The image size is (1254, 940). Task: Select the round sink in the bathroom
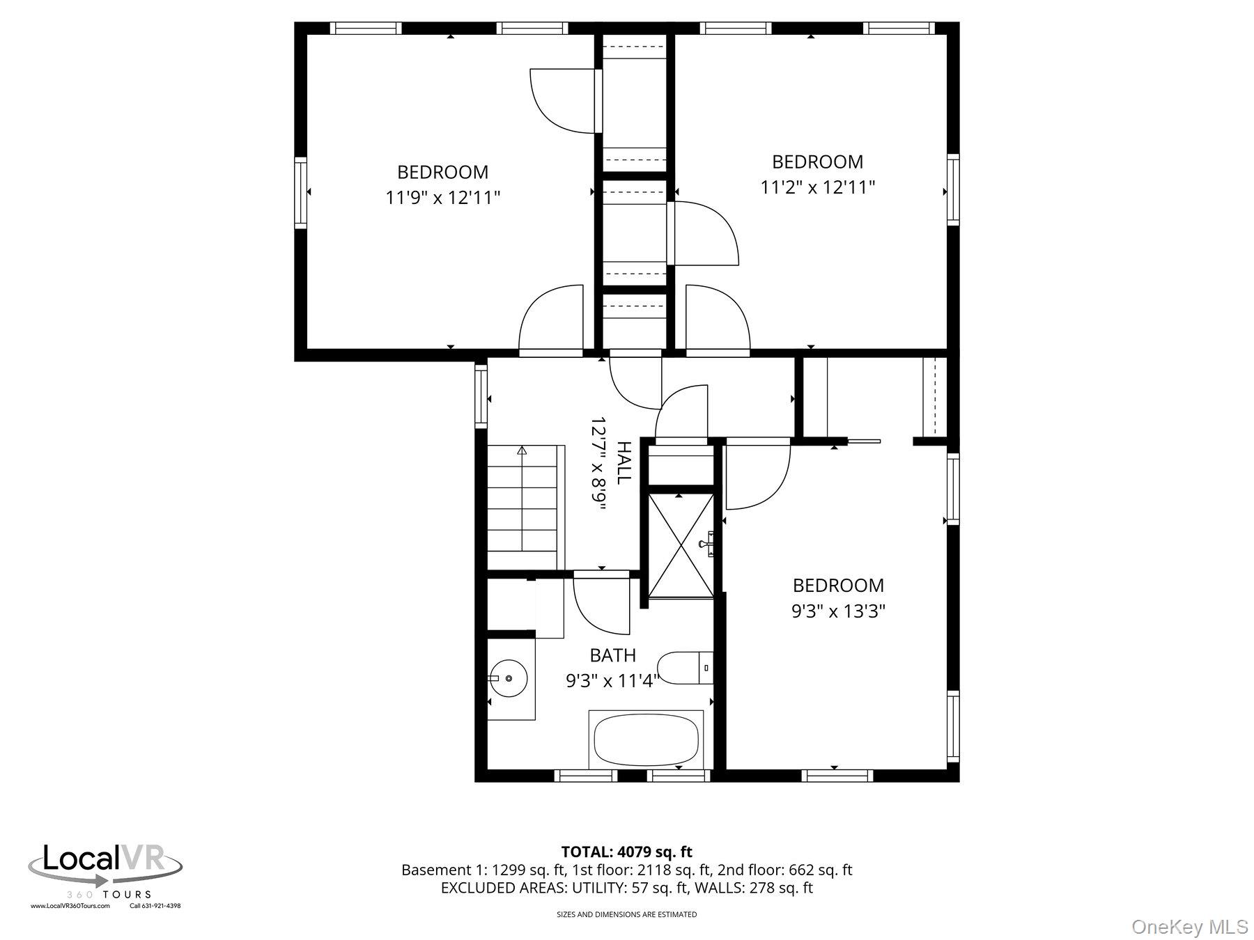click(x=508, y=677)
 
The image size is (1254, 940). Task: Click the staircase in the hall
click(x=522, y=507)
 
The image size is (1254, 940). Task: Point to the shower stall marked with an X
click(x=681, y=545)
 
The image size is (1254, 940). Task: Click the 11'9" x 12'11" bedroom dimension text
click(x=443, y=198)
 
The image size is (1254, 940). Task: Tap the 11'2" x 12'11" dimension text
click(x=817, y=187)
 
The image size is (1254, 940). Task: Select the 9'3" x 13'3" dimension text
click(x=838, y=611)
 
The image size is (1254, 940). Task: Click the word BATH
click(x=612, y=655)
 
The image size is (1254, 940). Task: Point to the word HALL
click(x=623, y=462)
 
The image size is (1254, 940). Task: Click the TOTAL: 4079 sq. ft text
click(x=626, y=852)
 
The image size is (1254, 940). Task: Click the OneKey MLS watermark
click(x=1189, y=927)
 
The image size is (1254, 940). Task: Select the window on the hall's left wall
click(x=481, y=395)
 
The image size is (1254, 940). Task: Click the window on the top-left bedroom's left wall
click(x=300, y=192)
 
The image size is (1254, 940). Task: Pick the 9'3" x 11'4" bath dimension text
click(x=612, y=681)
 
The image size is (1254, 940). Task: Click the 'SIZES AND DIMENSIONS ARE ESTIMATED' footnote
click(x=626, y=914)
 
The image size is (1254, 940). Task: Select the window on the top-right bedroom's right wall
click(x=952, y=189)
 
